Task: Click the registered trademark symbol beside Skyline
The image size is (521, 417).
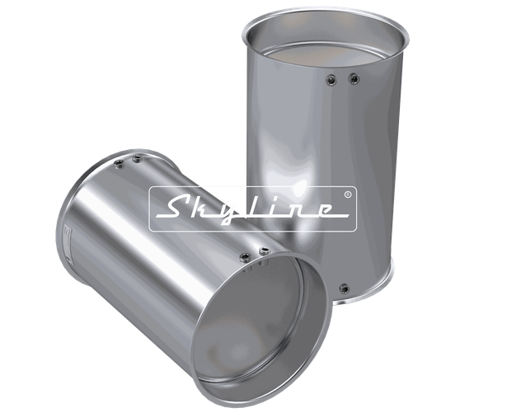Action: (347, 195)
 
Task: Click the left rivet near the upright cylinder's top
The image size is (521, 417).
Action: (331, 79)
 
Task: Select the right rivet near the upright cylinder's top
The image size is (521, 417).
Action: (354, 78)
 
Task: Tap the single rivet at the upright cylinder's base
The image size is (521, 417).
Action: (344, 288)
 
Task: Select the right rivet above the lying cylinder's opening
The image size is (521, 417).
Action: (263, 250)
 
